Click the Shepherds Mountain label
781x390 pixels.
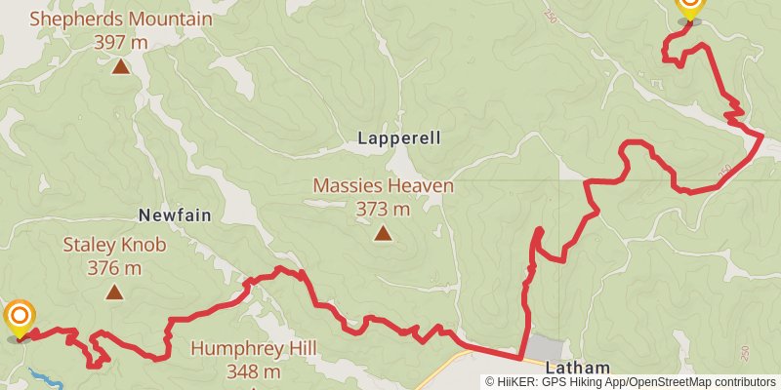coord(120,19)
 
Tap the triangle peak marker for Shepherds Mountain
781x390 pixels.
coord(120,66)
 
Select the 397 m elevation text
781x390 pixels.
coord(120,42)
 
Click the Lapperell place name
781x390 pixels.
coord(398,138)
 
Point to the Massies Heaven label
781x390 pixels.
coord(383,185)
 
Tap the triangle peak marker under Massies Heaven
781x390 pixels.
coord(383,233)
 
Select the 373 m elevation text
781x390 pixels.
coord(383,209)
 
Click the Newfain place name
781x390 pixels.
coord(175,214)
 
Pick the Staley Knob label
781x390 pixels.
coord(114,245)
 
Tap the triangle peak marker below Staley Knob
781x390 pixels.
coord(114,292)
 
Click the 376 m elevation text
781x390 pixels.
coord(114,268)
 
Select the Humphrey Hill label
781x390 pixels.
coord(250,348)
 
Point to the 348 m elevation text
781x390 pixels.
coord(250,371)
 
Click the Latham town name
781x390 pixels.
coord(577,368)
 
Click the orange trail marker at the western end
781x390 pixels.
coord(20,317)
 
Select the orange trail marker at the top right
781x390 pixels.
coord(689,7)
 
